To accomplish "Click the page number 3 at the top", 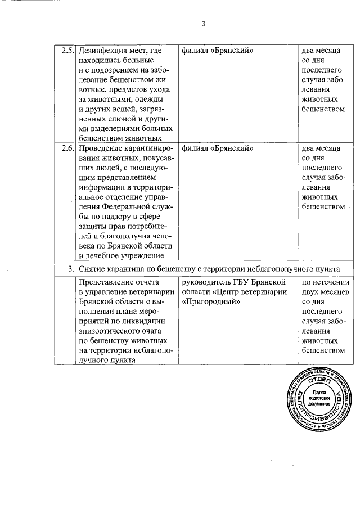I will coord(204,24).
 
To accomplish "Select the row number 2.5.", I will coord(67,50).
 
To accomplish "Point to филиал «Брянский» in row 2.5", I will coord(217,50).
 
